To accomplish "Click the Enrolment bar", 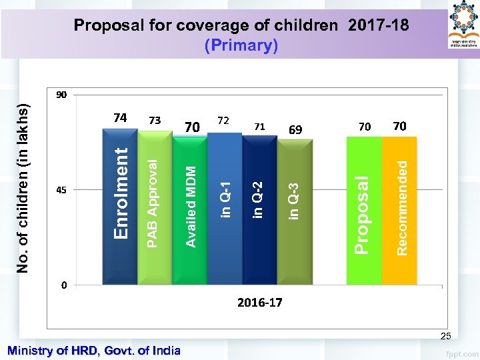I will click(x=119, y=207).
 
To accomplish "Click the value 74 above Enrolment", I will click(x=120, y=118).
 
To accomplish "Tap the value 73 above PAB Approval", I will click(x=155, y=121).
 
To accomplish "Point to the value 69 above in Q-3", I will click(x=295, y=129).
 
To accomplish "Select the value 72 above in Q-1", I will click(x=224, y=121).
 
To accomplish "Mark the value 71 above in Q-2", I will click(x=259, y=126).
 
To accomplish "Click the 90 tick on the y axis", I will click(x=61, y=95).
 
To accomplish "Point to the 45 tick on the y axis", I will click(x=61, y=190).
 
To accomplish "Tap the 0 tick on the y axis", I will click(x=64, y=285).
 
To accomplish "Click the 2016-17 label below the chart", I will click(x=259, y=303).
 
